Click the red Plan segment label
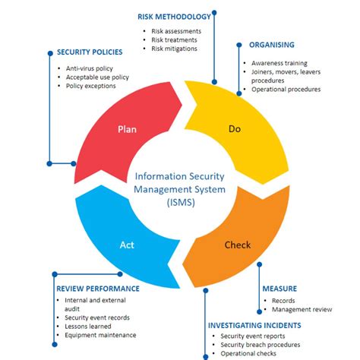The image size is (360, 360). coord(127,129)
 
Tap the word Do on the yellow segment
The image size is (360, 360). coord(235,129)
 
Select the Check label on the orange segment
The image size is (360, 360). coord(238,245)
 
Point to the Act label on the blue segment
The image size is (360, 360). coord(127,245)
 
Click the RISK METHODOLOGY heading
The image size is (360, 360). coord(173,16)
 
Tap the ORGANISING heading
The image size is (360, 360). coord(271,45)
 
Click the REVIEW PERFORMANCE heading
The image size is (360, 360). coord(97,289)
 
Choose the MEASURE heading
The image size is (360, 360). coord(279,289)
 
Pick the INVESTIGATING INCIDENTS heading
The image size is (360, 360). coord(254,325)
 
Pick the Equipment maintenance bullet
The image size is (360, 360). coord(100,335)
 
